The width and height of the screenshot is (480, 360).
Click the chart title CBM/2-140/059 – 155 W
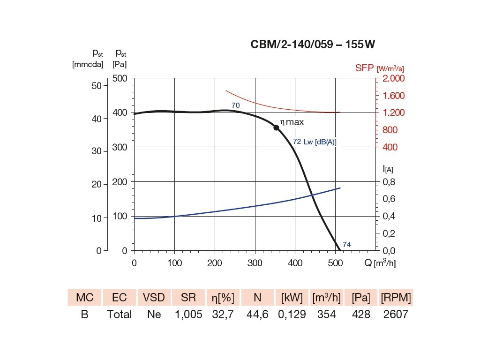tap(313, 45)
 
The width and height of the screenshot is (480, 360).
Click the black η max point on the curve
tap(277, 127)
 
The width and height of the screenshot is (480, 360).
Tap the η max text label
tap(292, 122)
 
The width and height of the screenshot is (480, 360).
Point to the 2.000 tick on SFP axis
tap(394, 78)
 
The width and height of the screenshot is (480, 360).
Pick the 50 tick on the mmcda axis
tap(97, 86)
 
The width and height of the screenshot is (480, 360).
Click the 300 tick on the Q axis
tap(255, 263)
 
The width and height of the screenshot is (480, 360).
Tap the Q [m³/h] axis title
tap(380, 263)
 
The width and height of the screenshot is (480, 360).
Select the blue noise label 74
tap(347, 244)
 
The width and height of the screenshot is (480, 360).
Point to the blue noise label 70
tap(235, 105)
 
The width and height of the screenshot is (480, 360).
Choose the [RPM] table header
tap(396, 297)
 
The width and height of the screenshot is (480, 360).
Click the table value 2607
tap(396, 314)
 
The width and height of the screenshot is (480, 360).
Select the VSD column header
tap(154, 297)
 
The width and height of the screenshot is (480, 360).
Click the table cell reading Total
tap(120, 314)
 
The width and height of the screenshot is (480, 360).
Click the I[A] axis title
tap(387, 168)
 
